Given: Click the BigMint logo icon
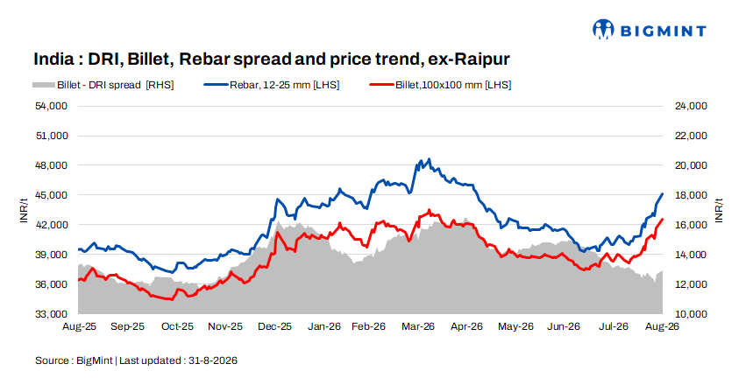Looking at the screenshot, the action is (x=603, y=29).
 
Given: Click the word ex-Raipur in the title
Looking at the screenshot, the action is (x=469, y=59).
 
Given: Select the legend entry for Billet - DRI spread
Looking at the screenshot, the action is (x=103, y=85).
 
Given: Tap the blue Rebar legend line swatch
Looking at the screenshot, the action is (x=217, y=85).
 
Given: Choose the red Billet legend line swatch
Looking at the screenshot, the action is (x=382, y=85).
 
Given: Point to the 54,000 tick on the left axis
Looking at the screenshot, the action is (x=52, y=106).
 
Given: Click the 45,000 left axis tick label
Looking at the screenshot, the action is (x=52, y=195).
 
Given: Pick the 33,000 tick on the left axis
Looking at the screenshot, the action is (x=52, y=314).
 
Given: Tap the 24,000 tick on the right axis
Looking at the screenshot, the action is (x=691, y=106).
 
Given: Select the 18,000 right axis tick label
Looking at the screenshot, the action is (x=691, y=195).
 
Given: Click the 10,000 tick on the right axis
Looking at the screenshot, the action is (x=691, y=314).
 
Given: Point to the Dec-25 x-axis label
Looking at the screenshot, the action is (x=274, y=326).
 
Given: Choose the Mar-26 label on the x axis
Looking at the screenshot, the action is (x=418, y=326).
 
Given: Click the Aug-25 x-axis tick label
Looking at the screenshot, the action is (x=79, y=326).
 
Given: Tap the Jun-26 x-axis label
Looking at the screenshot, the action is (x=564, y=326).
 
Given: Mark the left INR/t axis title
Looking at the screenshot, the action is (x=24, y=210).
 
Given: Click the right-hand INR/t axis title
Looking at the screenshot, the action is (x=719, y=210).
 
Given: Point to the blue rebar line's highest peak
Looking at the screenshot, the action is (x=430, y=159).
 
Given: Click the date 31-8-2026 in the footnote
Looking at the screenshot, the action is (x=213, y=360).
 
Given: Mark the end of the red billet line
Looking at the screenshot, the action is (x=663, y=220).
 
